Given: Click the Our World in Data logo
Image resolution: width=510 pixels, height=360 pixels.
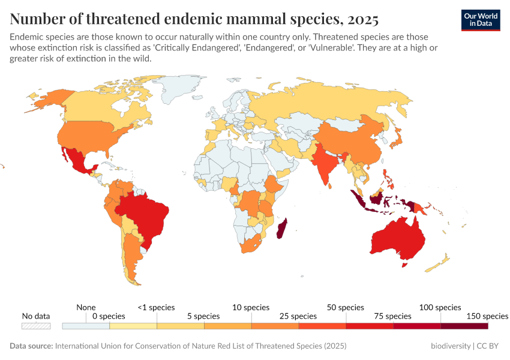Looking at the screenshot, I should (x=480, y=20).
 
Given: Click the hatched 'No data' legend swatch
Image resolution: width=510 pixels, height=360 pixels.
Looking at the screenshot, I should (x=36, y=326).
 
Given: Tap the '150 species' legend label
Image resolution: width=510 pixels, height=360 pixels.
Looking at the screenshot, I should (x=487, y=316).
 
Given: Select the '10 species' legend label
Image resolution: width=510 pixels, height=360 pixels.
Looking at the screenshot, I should (x=251, y=307).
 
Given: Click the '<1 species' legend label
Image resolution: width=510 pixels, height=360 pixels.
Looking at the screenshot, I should (x=156, y=307).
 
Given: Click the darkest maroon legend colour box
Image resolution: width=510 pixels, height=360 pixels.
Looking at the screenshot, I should (x=464, y=326).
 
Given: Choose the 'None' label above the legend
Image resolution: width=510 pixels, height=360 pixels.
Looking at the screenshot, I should (x=86, y=307).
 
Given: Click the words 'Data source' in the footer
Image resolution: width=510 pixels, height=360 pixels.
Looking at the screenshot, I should (x=31, y=346).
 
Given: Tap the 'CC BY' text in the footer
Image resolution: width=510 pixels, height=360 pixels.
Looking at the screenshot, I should (x=488, y=346).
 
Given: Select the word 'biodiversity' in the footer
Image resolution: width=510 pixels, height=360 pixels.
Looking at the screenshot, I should (x=451, y=346).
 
